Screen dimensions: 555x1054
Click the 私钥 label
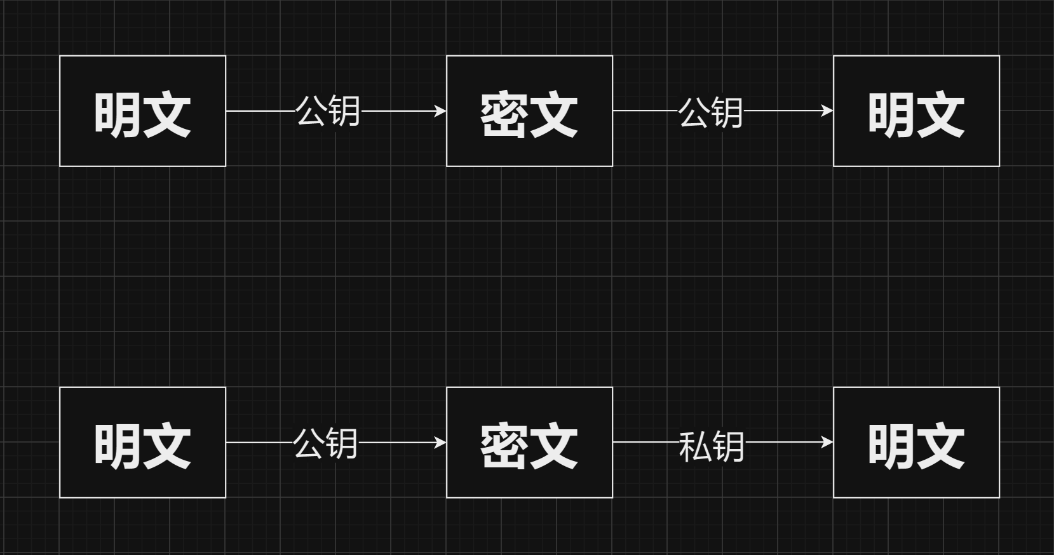pos(711,446)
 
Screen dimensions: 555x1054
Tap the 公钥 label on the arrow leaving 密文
pos(710,112)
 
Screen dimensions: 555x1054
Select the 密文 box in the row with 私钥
pos(529,443)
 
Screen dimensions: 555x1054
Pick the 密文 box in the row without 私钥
pos(529,111)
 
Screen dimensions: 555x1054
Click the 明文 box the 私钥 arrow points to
pos(916,443)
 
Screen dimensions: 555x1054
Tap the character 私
pos(694,446)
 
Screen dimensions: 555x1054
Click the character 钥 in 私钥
pos(728,446)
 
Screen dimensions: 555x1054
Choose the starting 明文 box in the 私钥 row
pos(142,443)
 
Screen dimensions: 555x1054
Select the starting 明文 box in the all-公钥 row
pos(142,111)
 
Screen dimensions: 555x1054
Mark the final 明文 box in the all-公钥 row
pos(916,111)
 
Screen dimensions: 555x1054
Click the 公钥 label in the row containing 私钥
pos(325,443)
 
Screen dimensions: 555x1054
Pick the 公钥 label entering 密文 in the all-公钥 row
pos(328,111)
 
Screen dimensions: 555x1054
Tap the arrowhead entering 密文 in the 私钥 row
pos(440,442)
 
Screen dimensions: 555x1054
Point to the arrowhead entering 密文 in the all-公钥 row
pos(440,111)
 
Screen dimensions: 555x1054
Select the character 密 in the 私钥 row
pos(503,446)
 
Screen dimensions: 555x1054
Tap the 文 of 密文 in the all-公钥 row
pos(553,115)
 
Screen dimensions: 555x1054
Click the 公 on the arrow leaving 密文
pos(694,112)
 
